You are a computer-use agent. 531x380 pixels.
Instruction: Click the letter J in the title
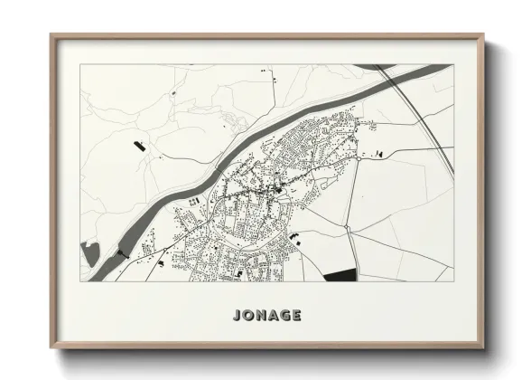click(237, 316)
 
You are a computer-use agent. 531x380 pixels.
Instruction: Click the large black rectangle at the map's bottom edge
click(340, 274)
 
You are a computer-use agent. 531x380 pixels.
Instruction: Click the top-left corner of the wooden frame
click(51, 35)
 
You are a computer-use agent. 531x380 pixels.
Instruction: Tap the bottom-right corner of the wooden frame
click(485, 350)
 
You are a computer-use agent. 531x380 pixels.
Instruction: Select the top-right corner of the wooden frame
click(485, 35)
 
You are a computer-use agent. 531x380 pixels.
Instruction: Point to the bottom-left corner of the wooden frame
click(51, 350)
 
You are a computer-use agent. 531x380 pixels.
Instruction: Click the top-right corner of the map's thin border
click(453, 64)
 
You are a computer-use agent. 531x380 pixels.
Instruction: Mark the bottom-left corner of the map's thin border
click(80, 281)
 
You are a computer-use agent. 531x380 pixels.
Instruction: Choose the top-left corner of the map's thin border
click(80, 64)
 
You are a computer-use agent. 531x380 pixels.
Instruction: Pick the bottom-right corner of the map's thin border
click(453, 281)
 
